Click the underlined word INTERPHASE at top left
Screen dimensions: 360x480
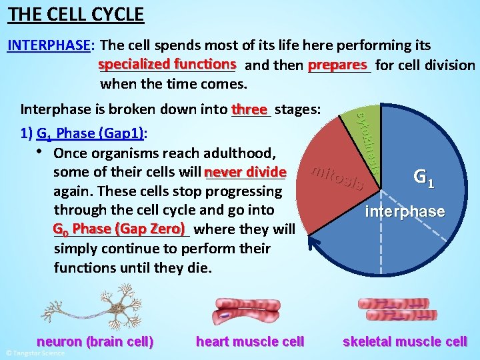[49, 45]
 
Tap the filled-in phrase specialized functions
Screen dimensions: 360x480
[167, 64]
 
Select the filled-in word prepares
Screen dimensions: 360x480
[338, 65]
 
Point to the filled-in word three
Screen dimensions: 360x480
[249, 109]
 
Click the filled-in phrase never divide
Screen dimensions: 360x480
[246, 171]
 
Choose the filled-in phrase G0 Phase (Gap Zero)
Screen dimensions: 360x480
[119, 229]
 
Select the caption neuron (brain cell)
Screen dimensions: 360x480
[95, 341]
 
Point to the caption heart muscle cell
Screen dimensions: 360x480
[249, 341]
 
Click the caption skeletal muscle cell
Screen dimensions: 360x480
[405, 341]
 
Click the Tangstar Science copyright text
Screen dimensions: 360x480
[35, 353]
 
